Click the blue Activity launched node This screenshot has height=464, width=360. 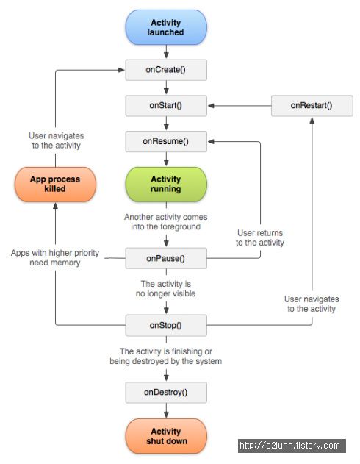pyautogui.click(x=166, y=27)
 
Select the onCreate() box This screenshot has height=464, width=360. pyautogui.click(x=166, y=70)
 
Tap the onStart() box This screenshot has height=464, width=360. pyautogui.click(x=166, y=106)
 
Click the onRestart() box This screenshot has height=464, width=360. pyautogui.click(x=312, y=106)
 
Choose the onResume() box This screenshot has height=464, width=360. pyautogui.click(x=166, y=141)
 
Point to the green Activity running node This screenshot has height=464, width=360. pyautogui.click(x=166, y=184)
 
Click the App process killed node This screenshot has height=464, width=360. pyautogui.click(x=55, y=184)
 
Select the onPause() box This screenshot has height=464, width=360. pyautogui.click(x=166, y=258)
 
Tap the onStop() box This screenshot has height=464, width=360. pyautogui.click(x=166, y=325)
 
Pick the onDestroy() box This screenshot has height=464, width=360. pyautogui.click(x=166, y=393)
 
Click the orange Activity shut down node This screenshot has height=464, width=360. pyautogui.click(x=166, y=436)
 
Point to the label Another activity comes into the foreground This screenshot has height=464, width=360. pyautogui.click(x=166, y=222)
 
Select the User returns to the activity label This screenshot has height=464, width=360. pyautogui.click(x=260, y=238)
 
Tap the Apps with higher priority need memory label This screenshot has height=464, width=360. pyautogui.click(x=55, y=258)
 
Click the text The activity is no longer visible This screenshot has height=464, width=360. pyautogui.click(x=166, y=289)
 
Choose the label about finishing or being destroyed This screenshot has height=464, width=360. pyautogui.click(x=166, y=357)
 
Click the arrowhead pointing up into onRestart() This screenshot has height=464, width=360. pyautogui.click(x=312, y=120)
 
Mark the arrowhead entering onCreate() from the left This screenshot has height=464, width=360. pyautogui.click(x=121, y=70)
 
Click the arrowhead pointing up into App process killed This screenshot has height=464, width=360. pyautogui.click(x=55, y=206)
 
